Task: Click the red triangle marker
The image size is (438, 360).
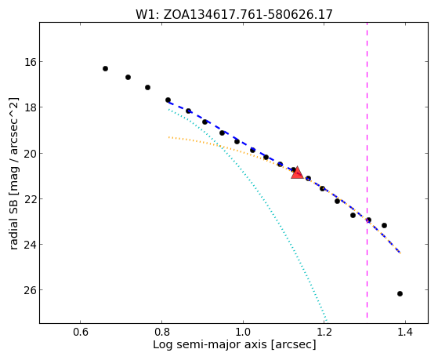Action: click(x=297, y=173)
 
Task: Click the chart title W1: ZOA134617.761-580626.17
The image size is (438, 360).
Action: click(x=234, y=14)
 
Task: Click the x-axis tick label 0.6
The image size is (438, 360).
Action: click(x=81, y=332)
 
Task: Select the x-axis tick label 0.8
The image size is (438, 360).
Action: click(x=161, y=332)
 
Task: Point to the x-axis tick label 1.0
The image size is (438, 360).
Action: click(x=243, y=332)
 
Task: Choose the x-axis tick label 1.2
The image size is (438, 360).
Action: click(x=324, y=332)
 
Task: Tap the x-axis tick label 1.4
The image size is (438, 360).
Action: click(x=405, y=332)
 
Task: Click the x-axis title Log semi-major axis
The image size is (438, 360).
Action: click(x=210, y=345)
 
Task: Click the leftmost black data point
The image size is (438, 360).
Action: click(x=105, y=68)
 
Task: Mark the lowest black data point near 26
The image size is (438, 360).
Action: click(x=400, y=293)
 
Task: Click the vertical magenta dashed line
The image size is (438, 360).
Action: click(x=367, y=170)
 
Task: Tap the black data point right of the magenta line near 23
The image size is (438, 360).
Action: click(x=385, y=225)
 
